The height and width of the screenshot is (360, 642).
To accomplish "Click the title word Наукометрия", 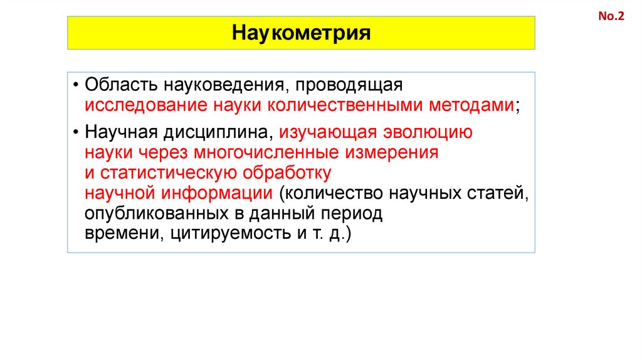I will click(x=302, y=33).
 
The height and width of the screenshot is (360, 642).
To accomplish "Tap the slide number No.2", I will click(x=611, y=17).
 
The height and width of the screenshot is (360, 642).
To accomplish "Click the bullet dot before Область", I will click(x=75, y=85).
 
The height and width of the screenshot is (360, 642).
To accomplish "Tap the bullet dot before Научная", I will click(x=75, y=132).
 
